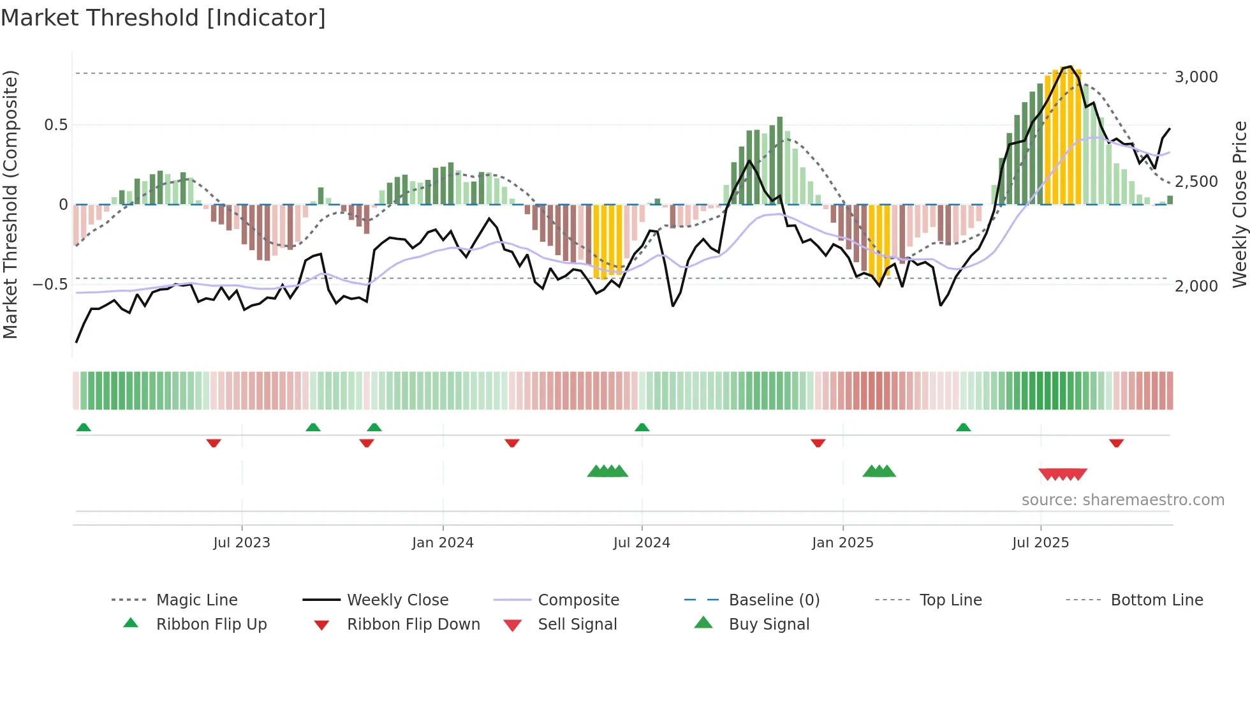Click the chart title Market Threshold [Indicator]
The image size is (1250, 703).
pos(163,18)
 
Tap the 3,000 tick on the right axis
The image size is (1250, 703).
pos(1196,77)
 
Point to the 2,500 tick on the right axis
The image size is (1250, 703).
pos(1196,182)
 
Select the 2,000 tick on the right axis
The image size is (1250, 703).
pos(1196,286)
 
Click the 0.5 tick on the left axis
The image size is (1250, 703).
pos(55,125)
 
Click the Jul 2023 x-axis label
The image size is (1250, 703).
pos(242,543)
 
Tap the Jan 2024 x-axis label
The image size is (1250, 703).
pos(443,543)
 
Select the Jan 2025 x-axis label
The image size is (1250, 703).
pos(842,543)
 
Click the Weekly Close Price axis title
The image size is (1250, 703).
pos(1239,204)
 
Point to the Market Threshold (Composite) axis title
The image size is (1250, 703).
pos(10,204)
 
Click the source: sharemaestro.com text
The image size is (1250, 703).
pos(1122,500)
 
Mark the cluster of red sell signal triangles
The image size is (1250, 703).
pos(1062,474)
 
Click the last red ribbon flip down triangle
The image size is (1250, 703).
pos(1116,443)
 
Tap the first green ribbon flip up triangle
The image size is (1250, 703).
pos(84,427)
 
